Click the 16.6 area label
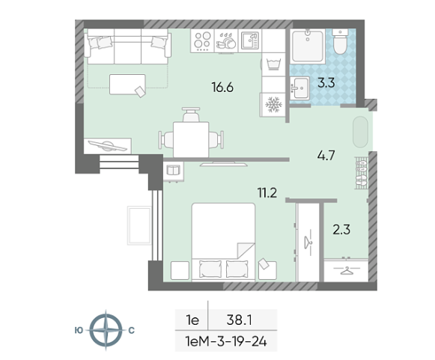[222, 88]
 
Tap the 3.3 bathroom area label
[326, 83]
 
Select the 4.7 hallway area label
[326, 156]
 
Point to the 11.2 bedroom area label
[267, 193]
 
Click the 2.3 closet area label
[341, 230]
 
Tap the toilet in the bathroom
[340, 42]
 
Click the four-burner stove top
[202, 40]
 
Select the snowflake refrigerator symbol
[273, 105]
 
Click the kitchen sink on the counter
[250, 40]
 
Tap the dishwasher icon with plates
[226, 41]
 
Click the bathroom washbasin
[300, 88]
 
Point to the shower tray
[308, 46]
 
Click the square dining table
[191, 140]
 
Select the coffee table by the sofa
[127, 85]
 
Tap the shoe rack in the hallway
[361, 173]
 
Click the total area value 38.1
[239, 320]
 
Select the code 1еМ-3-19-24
[226, 341]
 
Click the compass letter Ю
[79, 330]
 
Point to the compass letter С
[131, 330]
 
